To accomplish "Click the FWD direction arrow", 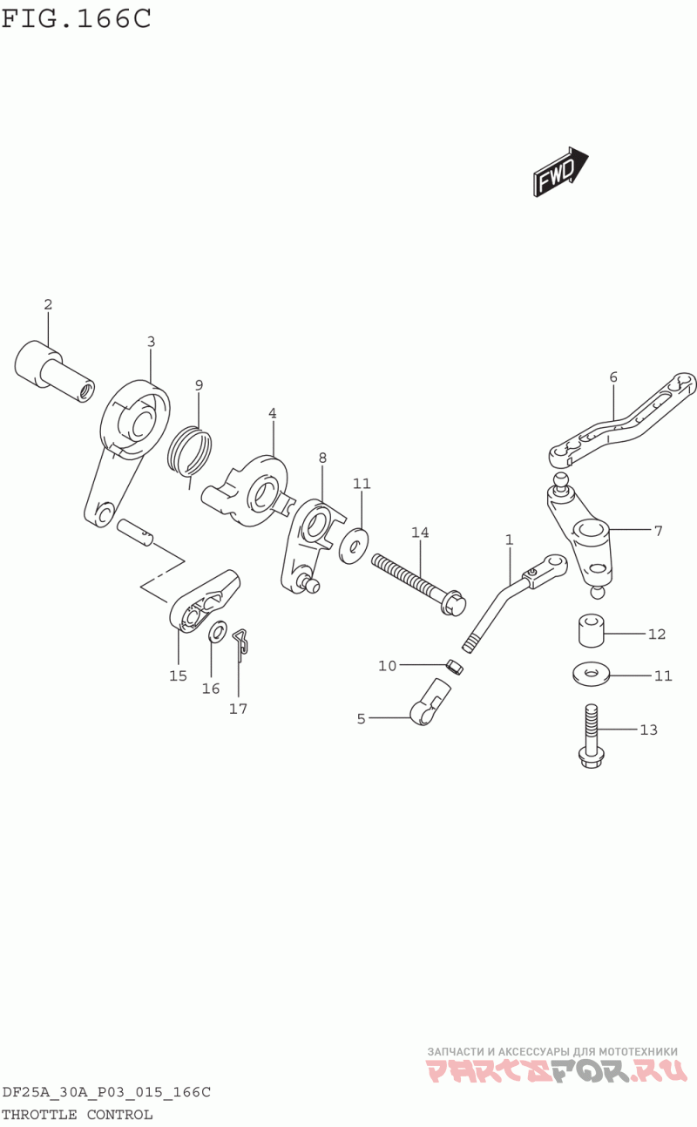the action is (561, 173).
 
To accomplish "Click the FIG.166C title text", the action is (77, 18).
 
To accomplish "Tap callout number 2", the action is (48, 304).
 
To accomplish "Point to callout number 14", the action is (420, 532).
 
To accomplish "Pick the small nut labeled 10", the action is (455, 668).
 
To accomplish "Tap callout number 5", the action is (361, 719).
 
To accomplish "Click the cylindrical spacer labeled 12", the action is (592, 629).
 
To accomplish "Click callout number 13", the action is (649, 730).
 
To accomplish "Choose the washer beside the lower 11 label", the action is (591, 674).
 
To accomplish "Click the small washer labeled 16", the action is (217, 632).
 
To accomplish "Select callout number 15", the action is (178, 676).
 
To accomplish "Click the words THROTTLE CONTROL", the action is (77, 1115).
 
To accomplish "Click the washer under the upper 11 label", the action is (354, 545).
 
